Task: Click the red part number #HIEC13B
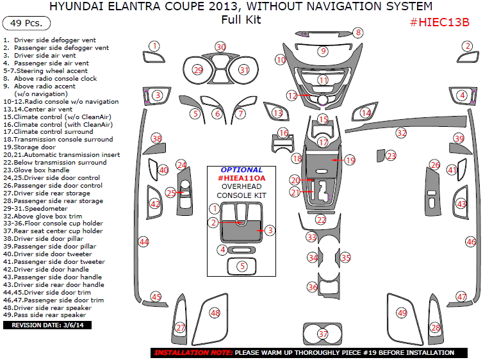pos(439,22)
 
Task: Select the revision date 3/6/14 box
pos(48,325)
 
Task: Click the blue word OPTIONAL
pos(241,170)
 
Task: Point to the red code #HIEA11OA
pos(241,178)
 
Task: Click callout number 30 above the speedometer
pos(220,47)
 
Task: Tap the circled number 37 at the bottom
pos(323,334)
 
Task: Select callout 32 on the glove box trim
pos(401,133)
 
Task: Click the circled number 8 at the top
pos(358,32)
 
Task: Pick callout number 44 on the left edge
pos(143,241)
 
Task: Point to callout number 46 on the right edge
pos(471,241)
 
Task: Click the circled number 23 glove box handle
pos(391,156)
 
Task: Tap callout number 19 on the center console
pos(349,160)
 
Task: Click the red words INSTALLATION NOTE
pos(193,353)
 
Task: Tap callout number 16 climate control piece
pos(284,133)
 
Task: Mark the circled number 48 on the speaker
pos(215,313)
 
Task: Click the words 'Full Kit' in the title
pos(241,19)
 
